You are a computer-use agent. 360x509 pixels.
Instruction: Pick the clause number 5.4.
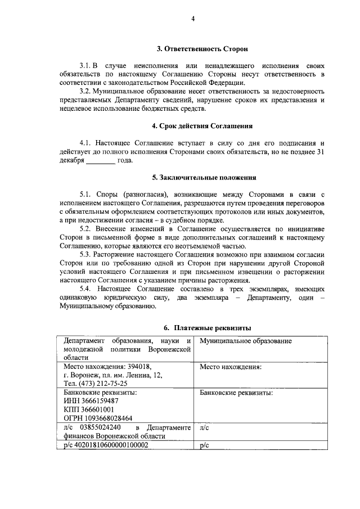pos(88,289)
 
